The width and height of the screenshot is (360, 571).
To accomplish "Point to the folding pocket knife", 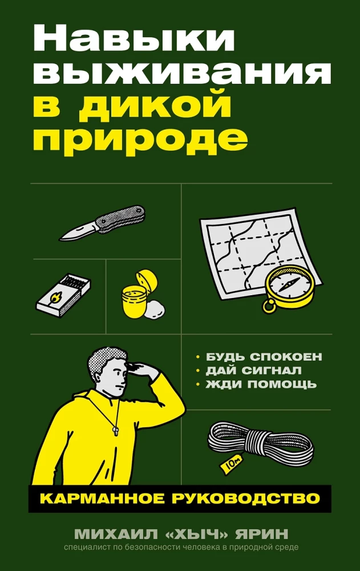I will coord(103,222).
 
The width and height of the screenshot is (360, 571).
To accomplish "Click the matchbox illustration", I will coord(62,293).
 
